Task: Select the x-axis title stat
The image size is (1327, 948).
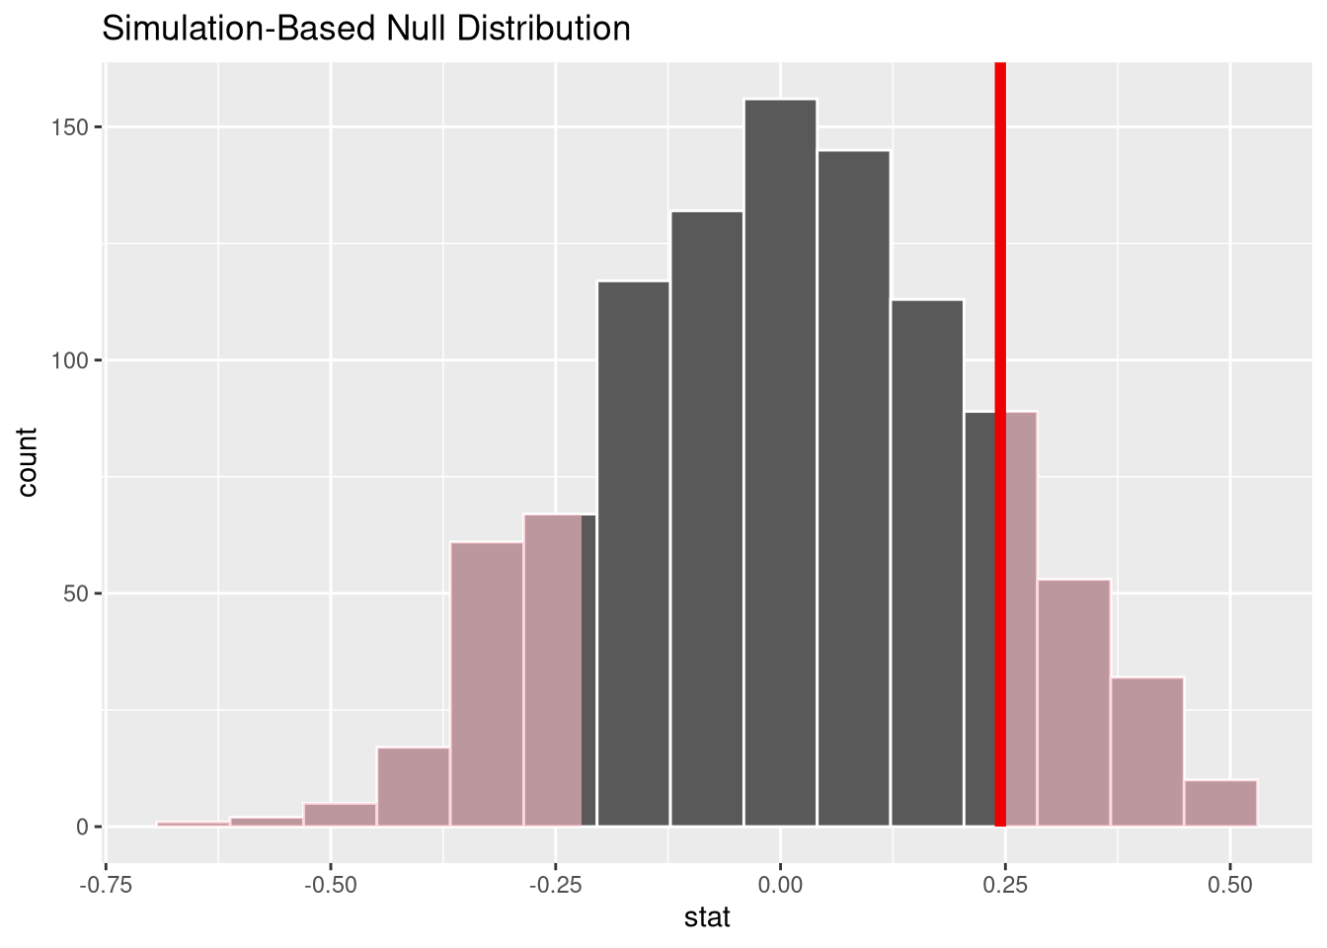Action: click(x=707, y=917)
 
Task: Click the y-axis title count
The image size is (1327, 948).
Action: click(x=27, y=461)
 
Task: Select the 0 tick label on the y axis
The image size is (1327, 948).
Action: click(x=83, y=827)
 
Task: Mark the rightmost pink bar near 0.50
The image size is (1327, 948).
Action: click(x=1220, y=803)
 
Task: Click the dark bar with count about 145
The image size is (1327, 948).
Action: click(x=853, y=488)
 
